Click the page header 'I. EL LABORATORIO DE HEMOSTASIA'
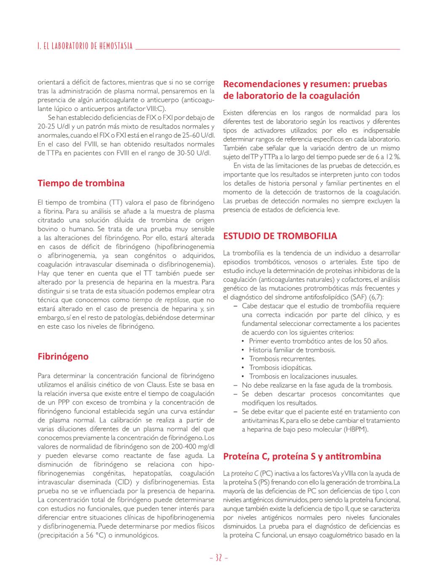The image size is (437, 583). point(85,46)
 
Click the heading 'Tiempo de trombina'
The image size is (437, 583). point(81,183)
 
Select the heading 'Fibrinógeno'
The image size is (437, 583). point(63,356)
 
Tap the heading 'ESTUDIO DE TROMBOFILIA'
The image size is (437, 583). point(280,236)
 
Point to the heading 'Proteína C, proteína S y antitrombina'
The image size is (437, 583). point(302,456)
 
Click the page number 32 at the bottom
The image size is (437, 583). point(218,558)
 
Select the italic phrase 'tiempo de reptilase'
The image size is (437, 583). point(161,300)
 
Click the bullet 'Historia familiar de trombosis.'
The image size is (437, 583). point(292,350)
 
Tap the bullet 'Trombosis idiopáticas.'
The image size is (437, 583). point(281,368)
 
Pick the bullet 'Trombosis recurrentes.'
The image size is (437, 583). point(282,359)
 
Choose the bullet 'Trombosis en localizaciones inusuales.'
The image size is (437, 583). point(303,377)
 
